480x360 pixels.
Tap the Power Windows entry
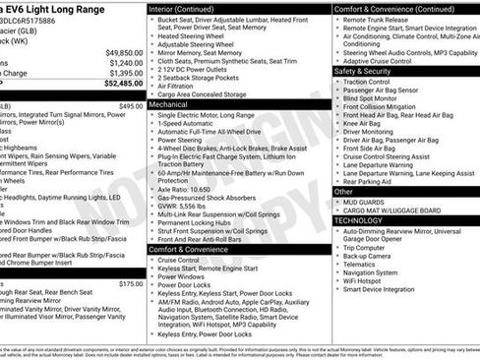click(x=184, y=277)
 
